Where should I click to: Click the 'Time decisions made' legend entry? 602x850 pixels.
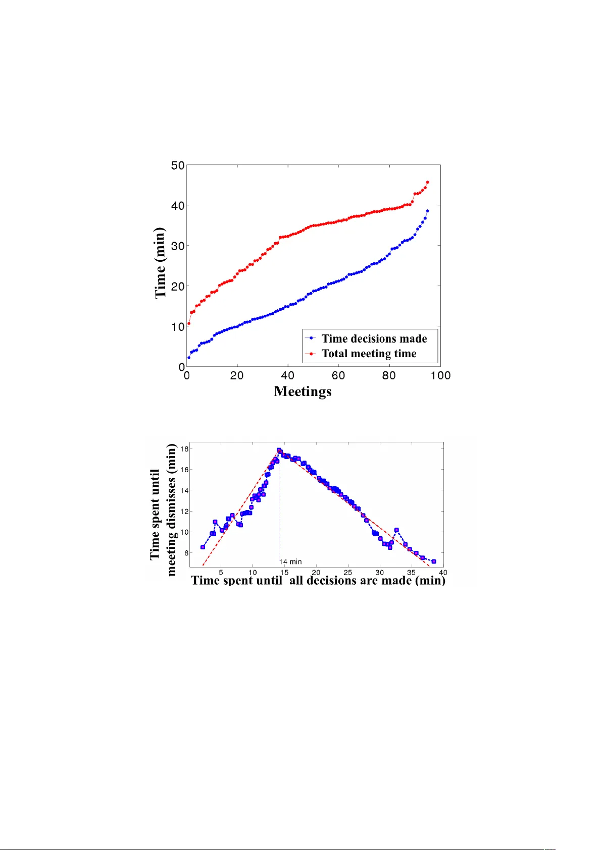point(374,338)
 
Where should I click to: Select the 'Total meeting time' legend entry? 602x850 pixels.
point(369,354)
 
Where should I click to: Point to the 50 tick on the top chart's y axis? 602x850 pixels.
point(178,165)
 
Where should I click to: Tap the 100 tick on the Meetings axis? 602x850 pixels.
point(440,376)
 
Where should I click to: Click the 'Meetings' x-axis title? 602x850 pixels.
point(303,391)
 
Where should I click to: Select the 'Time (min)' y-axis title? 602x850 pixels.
point(160,263)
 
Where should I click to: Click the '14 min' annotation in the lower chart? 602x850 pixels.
point(291,561)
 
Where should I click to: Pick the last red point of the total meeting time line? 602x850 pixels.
point(428,182)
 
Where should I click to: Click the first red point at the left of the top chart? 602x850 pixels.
point(189,323)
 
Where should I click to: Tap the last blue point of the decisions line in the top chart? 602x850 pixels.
point(428,211)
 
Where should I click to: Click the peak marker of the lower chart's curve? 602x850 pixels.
point(279,450)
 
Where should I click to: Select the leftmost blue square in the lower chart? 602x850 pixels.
point(203,547)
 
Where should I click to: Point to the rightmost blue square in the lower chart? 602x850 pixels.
point(434,561)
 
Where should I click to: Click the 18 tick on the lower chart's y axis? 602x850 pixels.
point(185,449)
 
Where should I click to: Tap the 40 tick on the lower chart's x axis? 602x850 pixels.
point(443,573)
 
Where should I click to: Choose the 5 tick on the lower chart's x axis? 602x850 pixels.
point(221,573)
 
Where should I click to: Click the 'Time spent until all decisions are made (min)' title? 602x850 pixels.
point(318,581)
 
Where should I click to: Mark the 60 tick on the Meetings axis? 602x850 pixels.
point(338,376)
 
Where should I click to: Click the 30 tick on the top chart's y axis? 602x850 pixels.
point(178,246)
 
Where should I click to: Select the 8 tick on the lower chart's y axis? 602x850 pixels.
point(186,553)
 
